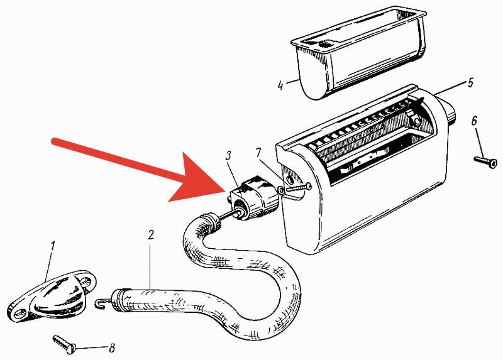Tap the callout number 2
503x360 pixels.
151,234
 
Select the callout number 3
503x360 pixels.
228,156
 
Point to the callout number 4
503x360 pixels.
280,85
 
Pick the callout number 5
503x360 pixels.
470,83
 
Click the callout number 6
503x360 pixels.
475,121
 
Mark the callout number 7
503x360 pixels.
258,153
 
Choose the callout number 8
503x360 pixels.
112,348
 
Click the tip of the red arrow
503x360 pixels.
225,190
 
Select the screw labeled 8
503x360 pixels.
65,344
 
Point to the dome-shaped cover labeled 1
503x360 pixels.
52,295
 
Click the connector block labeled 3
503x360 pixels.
253,198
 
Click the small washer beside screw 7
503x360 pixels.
281,190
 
